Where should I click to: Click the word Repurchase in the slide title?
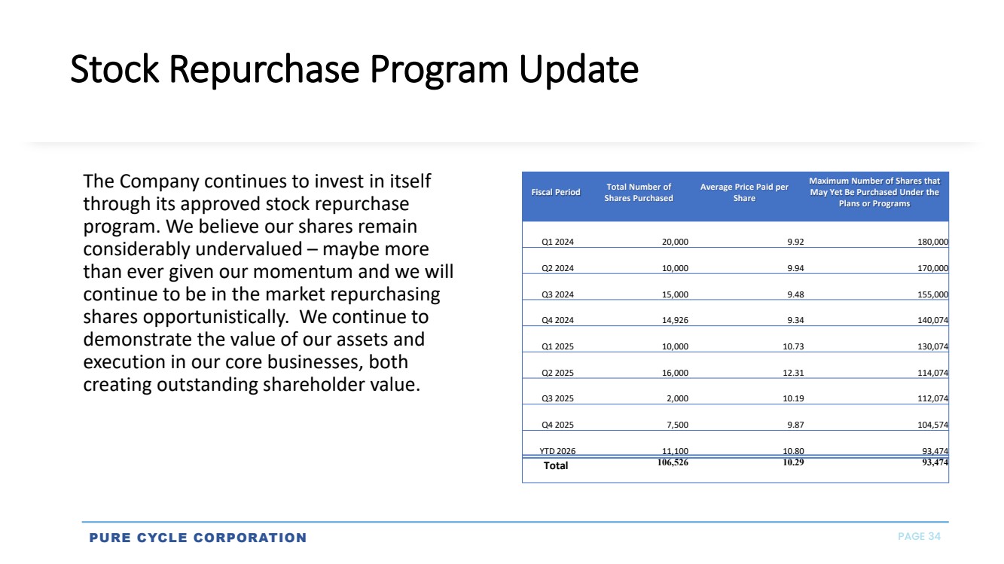(x=264, y=69)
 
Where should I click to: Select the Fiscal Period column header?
(x=556, y=192)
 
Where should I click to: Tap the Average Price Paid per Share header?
(x=744, y=192)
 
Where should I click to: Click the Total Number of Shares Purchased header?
(x=639, y=192)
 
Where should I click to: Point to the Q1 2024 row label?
(x=557, y=242)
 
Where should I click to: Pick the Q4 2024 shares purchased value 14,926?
(x=675, y=320)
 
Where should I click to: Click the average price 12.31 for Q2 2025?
(x=793, y=373)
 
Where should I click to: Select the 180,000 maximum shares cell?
(x=932, y=242)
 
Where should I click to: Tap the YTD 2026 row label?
(x=557, y=451)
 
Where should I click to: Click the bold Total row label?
(x=556, y=466)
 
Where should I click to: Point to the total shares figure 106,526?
(x=673, y=462)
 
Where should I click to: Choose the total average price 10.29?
(x=793, y=462)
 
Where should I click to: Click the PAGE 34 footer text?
(x=920, y=537)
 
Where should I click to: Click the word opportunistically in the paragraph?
(x=216, y=318)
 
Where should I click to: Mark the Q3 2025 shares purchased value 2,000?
(x=677, y=398)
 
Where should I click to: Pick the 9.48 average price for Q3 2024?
(x=795, y=294)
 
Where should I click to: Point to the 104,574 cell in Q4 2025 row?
(x=932, y=425)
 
